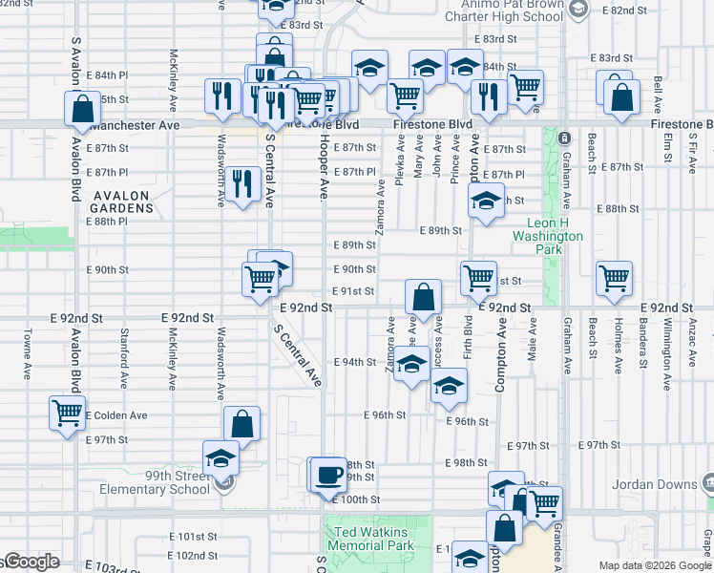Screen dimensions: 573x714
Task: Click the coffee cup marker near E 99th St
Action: coord(329,475)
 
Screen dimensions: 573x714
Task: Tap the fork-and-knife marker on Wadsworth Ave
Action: coord(245,183)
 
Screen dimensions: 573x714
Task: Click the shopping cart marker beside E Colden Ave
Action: coord(67,414)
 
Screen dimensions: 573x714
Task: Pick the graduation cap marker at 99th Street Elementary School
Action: coord(220,458)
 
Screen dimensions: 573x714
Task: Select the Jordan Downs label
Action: coord(658,484)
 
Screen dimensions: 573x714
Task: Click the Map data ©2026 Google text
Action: coord(655,565)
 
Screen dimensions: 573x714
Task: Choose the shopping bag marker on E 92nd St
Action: coord(423,297)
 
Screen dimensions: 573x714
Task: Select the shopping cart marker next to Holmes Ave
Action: coord(614,278)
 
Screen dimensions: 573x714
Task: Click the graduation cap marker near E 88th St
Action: coord(485,202)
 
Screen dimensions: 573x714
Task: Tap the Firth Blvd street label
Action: coord(468,340)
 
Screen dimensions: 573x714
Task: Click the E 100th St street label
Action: coord(362,499)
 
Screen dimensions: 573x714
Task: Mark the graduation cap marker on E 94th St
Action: coord(411,366)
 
